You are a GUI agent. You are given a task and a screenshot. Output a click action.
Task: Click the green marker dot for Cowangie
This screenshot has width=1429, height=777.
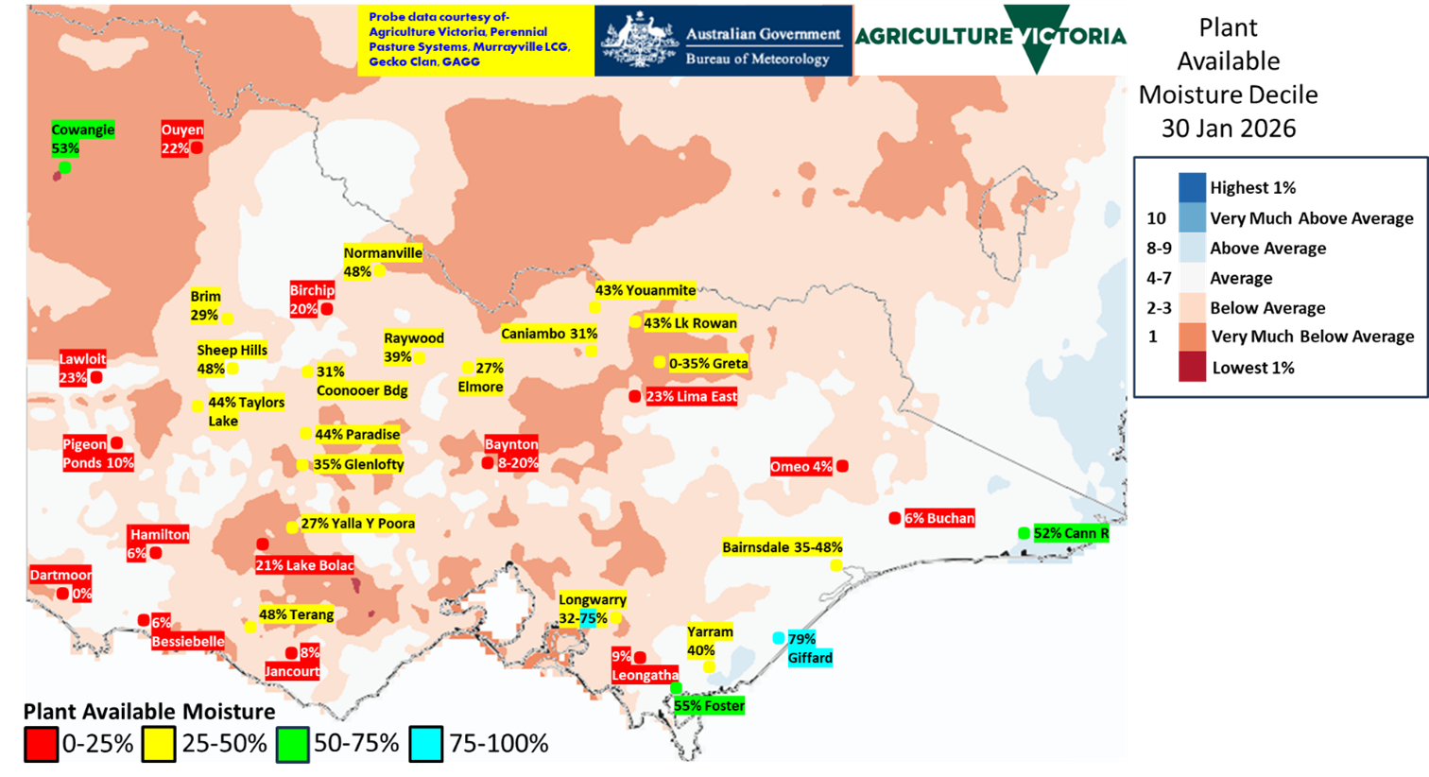64,167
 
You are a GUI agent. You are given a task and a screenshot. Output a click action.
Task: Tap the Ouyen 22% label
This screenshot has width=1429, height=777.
181,139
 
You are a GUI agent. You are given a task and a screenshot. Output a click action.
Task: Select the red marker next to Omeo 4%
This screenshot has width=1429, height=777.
842,466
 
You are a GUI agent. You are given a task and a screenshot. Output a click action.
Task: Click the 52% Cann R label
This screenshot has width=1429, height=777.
1071,533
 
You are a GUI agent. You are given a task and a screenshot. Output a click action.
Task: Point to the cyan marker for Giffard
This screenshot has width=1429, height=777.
779,638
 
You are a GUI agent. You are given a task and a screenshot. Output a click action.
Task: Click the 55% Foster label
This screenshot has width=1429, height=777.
709,705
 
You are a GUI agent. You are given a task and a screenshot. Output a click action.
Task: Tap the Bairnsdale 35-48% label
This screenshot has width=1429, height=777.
782,547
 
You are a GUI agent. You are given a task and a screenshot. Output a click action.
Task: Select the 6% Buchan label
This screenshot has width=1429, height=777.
938,518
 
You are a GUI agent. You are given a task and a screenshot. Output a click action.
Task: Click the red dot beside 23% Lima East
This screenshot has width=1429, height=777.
634,396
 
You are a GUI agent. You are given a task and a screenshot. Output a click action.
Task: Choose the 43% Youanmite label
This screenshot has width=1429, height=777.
646,290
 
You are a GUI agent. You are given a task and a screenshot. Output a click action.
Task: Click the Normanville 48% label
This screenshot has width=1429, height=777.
382,262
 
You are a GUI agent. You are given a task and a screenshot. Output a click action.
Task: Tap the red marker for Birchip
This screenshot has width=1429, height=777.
326,309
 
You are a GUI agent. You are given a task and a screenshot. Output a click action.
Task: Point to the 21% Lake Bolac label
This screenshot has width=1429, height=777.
304,565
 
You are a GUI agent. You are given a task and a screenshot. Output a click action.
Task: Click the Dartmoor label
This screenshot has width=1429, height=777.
60,575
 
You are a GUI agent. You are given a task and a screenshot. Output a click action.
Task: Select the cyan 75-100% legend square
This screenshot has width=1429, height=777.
426,744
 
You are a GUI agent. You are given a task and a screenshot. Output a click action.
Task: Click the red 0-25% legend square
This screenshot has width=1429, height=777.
42,744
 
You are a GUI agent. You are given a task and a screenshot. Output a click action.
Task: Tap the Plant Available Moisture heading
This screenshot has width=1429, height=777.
150,711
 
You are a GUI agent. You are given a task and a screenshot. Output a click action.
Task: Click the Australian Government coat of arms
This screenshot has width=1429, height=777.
639,41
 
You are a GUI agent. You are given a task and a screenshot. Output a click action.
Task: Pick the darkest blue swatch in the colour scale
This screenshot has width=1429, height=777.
1192,187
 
